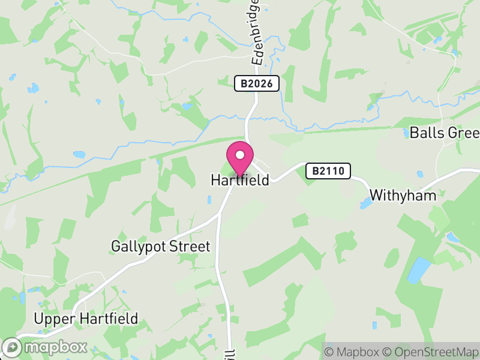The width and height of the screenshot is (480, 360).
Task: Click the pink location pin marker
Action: [240, 158]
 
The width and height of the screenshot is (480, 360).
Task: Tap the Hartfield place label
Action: [240, 180]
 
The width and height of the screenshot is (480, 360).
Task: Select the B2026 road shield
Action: [257, 83]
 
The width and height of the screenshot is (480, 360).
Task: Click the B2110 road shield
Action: [328, 171]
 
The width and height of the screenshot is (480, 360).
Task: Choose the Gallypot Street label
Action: [161, 247]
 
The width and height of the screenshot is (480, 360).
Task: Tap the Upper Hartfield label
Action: [86, 319]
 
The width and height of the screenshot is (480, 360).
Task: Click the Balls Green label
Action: [445, 133]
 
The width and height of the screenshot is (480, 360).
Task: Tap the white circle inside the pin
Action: [240, 155]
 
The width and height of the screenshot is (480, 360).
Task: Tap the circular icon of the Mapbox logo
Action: [12, 347]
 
